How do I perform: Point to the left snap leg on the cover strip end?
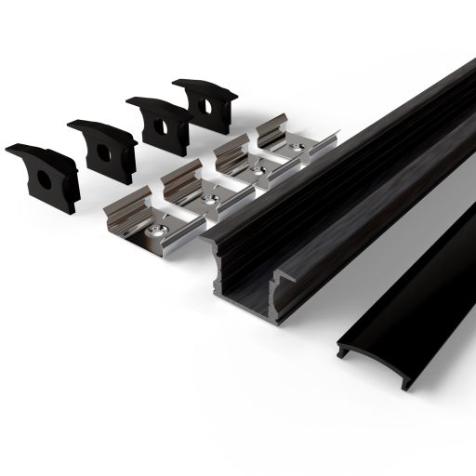[345, 352]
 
